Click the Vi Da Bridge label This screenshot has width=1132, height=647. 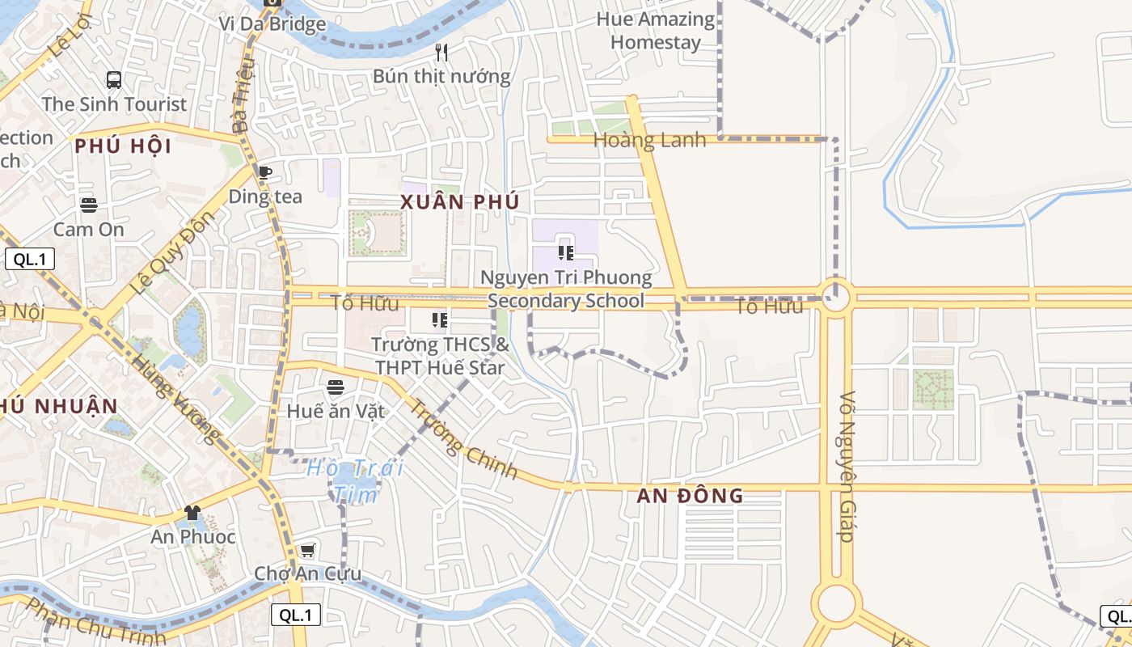click(272, 23)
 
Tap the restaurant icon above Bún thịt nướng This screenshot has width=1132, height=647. click(441, 53)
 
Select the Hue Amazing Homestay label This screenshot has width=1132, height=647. click(656, 31)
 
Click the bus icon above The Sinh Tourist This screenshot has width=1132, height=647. click(114, 80)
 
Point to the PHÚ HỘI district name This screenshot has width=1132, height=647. click(123, 146)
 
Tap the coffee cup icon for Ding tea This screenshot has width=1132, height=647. click(264, 172)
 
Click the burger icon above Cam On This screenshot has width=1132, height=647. click(89, 205)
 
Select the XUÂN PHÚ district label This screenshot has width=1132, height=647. click(459, 202)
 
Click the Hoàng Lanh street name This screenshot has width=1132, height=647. click(649, 140)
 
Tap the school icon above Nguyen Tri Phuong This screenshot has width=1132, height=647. click(566, 253)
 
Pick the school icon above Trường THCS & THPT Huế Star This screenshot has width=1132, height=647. click(440, 320)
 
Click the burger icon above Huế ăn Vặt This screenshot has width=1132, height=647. click(336, 387)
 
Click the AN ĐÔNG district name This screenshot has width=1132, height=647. click(690, 496)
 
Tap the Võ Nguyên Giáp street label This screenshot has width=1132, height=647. click(847, 467)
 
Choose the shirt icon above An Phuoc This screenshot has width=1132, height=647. click(192, 513)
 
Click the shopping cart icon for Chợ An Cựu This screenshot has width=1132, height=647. click(307, 551)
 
